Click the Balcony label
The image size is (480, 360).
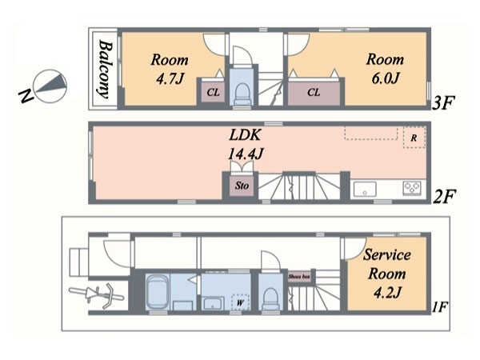point(105,70)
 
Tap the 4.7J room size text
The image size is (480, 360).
point(170,79)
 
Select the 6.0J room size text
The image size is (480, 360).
point(386,78)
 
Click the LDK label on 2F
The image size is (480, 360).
point(246,135)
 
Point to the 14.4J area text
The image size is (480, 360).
point(246,154)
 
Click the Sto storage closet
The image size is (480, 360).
point(242,186)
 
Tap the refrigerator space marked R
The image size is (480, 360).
point(414,138)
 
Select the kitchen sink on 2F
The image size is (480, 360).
point(365,189)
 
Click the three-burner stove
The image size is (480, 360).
point(412,187)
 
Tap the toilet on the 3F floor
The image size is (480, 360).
point(242,94)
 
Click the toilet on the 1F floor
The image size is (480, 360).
point(271,298)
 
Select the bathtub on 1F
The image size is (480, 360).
point(158,292)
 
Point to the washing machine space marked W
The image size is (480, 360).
point(240,302)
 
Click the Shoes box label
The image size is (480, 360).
point(299,277)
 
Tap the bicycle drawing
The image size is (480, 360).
point(97,295)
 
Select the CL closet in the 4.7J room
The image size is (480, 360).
point(213,92)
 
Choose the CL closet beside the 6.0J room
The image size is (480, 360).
point(314,93)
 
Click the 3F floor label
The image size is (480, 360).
point(443,102)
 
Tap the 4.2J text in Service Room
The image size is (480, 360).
point(387,293)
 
